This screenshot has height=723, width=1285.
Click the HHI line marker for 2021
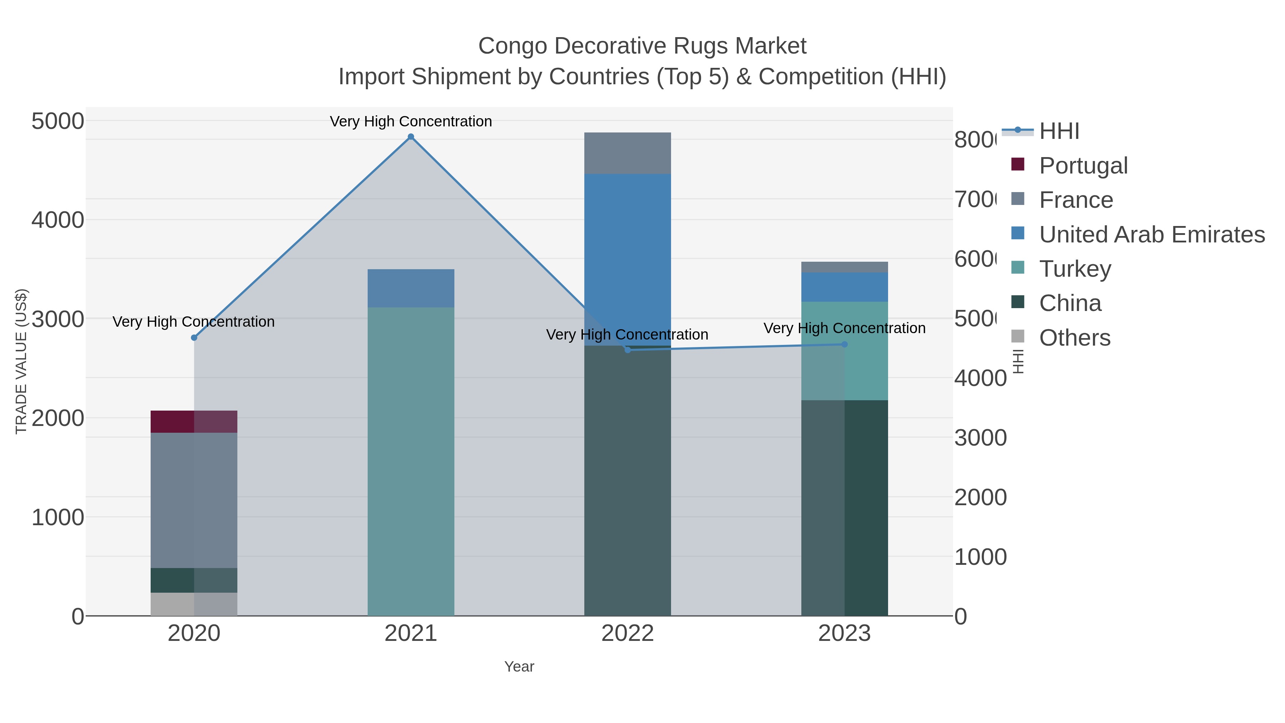coord(410,137)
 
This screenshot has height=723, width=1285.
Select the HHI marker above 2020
coord(194,338)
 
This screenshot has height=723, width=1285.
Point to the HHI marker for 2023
coord(845,344)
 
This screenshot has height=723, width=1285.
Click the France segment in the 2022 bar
coord(627,153)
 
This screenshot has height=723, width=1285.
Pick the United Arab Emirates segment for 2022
coord(627,260)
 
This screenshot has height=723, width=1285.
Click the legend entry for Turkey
coord(1075,269)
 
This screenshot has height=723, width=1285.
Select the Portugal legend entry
coord(1083,166)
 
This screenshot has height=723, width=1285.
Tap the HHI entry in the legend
coord(1059,131)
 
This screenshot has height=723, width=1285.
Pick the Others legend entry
coord(1074,338)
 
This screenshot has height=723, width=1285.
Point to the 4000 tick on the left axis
coord(58,220)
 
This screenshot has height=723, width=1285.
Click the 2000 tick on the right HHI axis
coord(980,497)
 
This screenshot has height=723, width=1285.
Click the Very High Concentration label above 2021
coord(410,122)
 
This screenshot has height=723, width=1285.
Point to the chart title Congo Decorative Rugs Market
coord(642,46)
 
